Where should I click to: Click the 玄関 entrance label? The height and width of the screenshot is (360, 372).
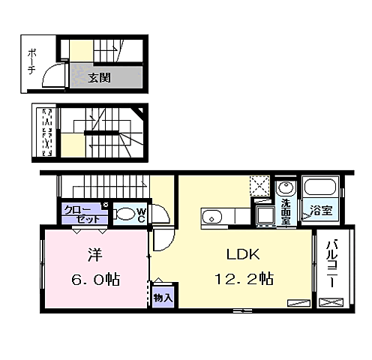(99, 78)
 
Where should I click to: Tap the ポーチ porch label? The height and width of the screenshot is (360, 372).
(31, 61)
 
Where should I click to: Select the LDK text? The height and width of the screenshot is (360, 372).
(243, 254)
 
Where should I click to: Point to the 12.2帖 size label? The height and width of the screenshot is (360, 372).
(244, 279)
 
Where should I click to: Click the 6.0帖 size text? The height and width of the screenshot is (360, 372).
(96, 279)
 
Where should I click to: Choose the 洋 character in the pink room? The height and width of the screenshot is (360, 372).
(95, 255)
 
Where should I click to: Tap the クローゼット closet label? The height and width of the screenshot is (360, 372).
(82, 214)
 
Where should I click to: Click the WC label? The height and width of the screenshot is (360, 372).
(141, 215)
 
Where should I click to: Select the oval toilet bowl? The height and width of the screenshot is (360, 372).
(126, 214)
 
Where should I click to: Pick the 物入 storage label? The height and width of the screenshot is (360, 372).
(163, 298)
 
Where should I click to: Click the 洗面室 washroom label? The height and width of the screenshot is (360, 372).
(286, 211)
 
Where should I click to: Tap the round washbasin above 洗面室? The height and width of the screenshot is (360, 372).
(286, 187)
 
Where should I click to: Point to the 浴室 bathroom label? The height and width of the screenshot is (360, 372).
(321, 211)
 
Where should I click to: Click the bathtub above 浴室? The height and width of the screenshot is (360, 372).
(320, 187)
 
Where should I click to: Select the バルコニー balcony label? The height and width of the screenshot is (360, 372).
(331, 264)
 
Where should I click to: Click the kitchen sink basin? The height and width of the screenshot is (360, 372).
(212, 217)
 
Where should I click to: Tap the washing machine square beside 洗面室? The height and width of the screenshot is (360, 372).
(266, 215)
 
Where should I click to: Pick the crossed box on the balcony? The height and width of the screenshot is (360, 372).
(331, 302)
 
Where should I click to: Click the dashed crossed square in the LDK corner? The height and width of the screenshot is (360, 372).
(260, 186)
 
